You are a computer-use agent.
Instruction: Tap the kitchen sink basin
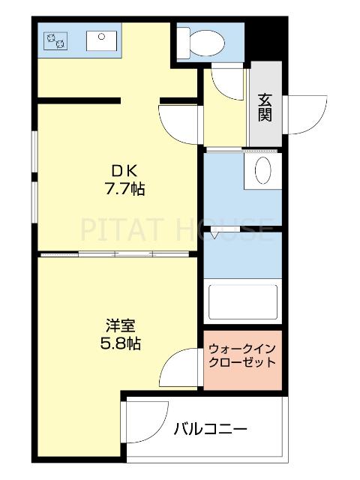[x=99, y=39]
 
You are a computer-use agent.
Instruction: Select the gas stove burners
[x=55, y=40]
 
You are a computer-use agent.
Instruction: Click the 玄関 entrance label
[x=265, y=106]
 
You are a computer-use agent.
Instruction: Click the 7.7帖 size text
[x=124, y=189]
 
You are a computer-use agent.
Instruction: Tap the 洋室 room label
[x=120, y=326]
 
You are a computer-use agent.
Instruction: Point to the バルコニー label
[x=211, y=429]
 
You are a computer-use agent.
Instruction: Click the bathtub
[x=242, y=302]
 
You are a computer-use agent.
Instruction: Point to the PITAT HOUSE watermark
[x=177, y=227]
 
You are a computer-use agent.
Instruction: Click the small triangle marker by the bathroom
[x=215, y=235]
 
